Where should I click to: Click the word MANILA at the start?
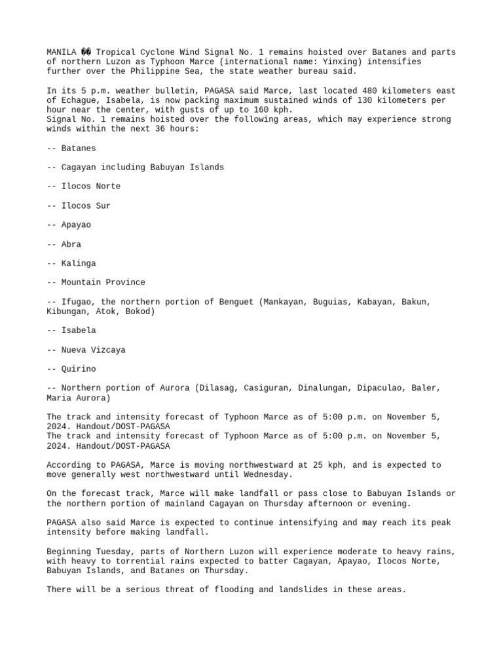[61, 52]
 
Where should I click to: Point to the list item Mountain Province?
[103, 282]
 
